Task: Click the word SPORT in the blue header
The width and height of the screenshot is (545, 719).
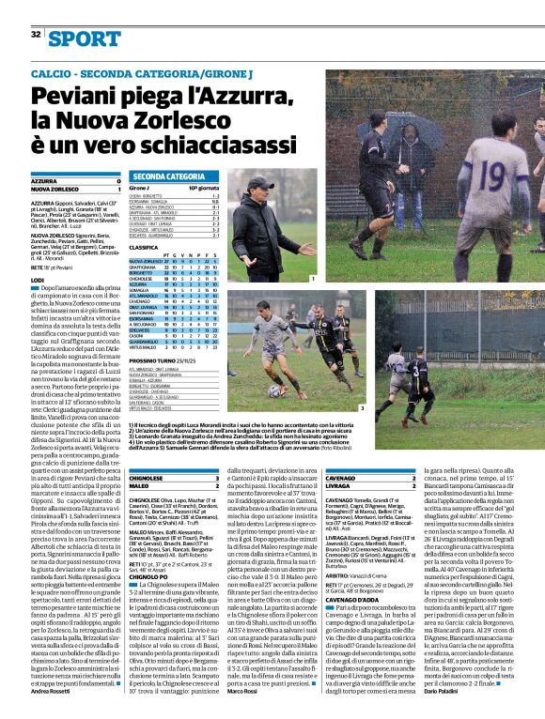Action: point(86,38)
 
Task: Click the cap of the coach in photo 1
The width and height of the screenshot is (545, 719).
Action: point(259,182)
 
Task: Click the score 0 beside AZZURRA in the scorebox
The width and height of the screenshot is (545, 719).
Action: point(117,181)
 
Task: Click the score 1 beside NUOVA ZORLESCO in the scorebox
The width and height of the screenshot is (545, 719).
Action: point(117,190)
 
